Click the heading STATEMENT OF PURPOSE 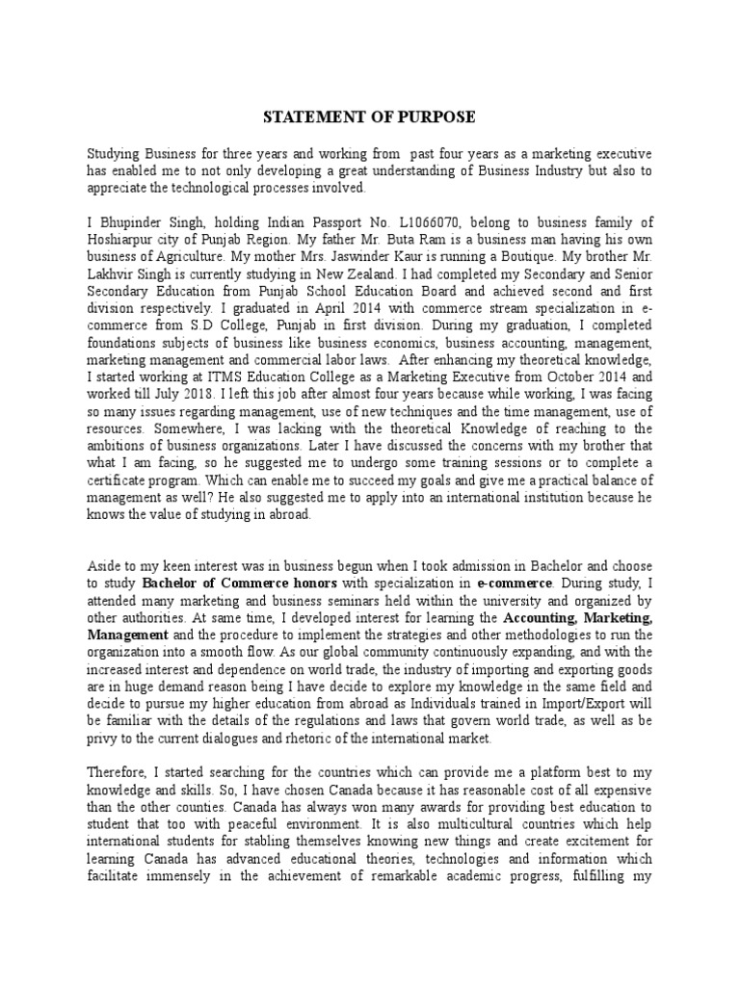(369, 117)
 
